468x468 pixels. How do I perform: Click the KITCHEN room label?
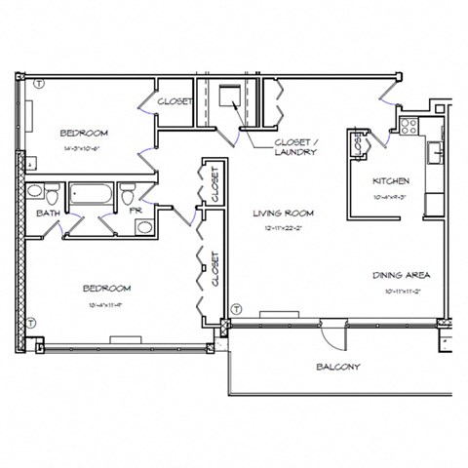coord(391,181)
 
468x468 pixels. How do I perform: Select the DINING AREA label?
coord(401,276)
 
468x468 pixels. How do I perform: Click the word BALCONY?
coord(338,367)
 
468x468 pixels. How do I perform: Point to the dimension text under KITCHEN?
coord(390,196)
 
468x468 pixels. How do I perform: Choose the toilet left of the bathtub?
coord(34,191)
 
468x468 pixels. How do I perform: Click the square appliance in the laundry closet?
coord(230,96)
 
